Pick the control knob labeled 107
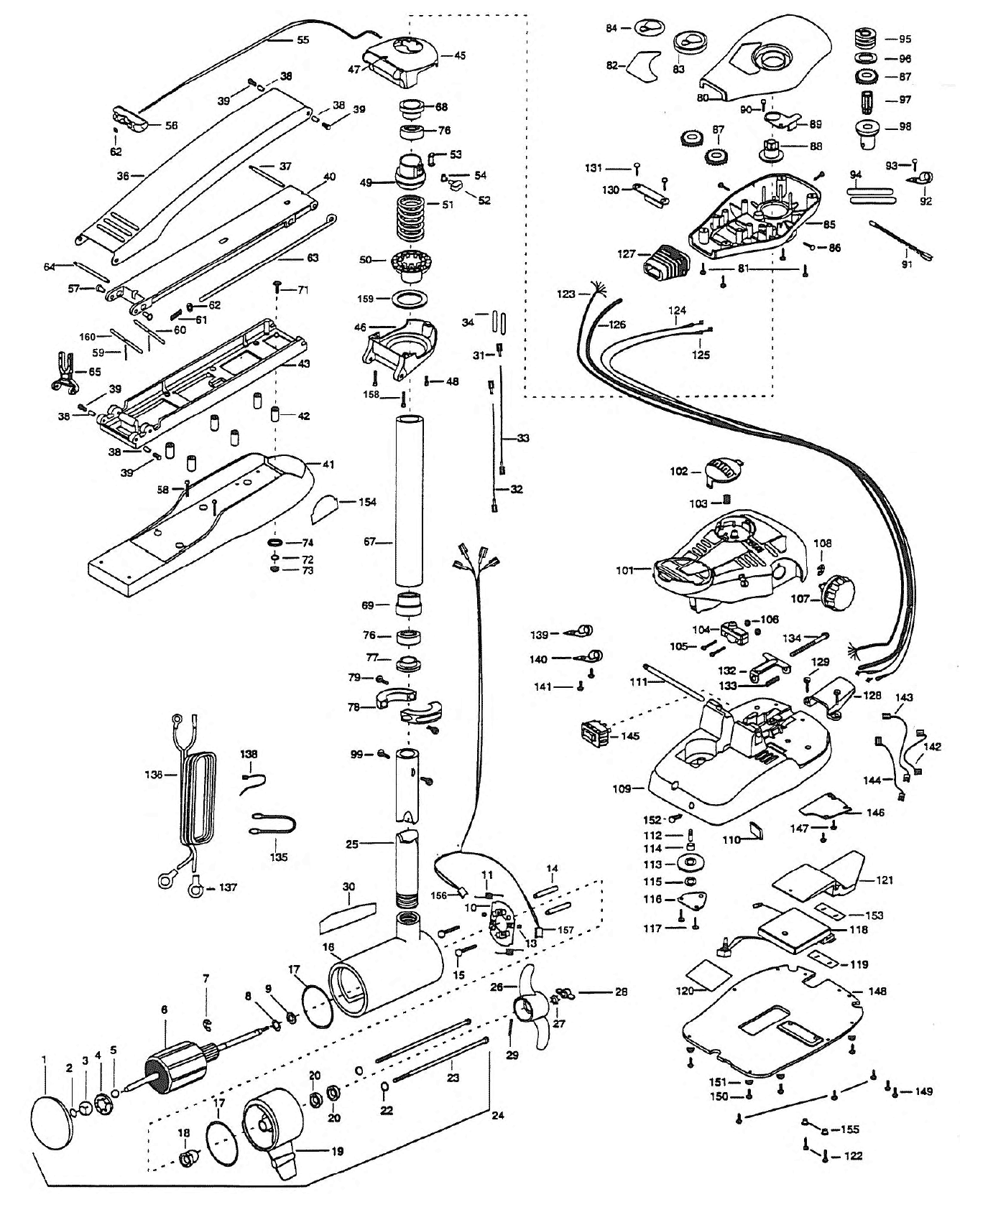838,592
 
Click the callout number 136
154,774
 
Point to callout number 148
877,991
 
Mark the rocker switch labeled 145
596,736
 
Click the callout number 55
303,39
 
